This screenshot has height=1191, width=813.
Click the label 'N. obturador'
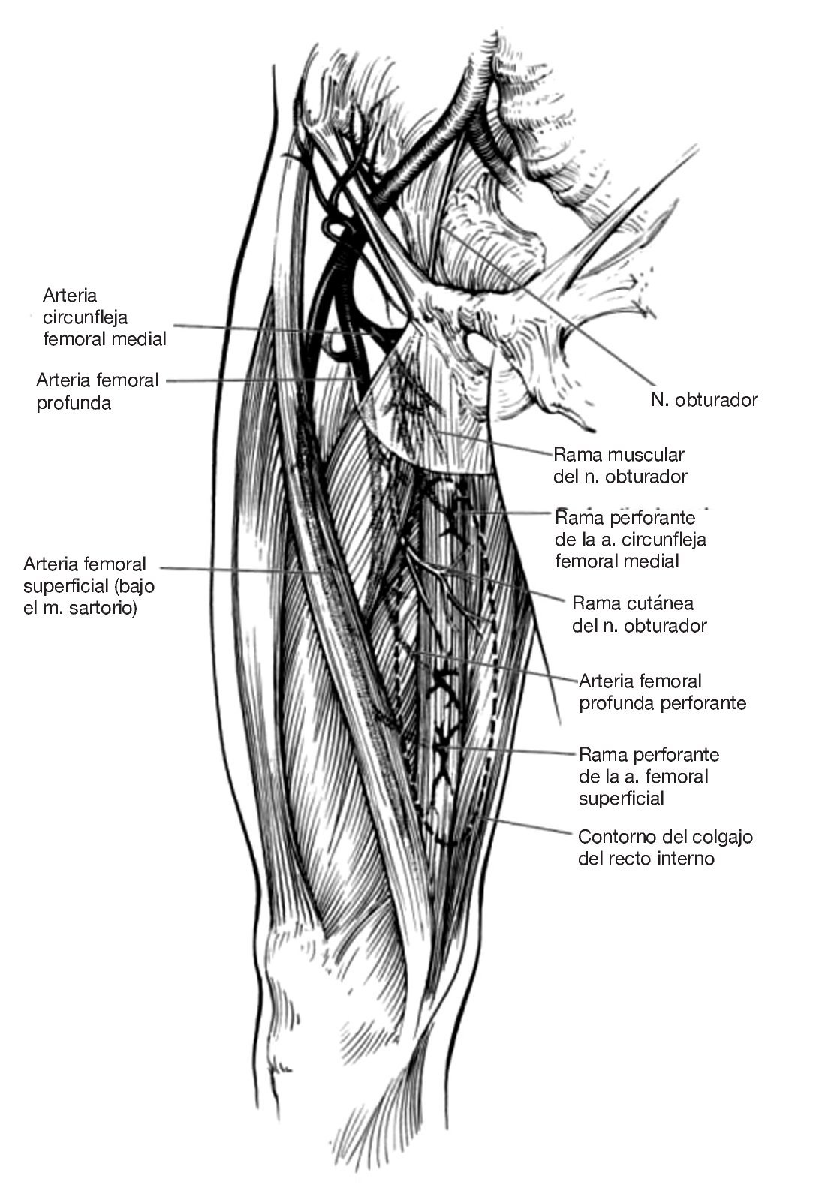pos(704,399)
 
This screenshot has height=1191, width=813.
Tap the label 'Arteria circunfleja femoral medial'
pos(104,317)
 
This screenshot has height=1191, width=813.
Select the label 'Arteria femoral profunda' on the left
pos(98,391)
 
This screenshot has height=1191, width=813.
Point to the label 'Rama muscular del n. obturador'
pos(619,465)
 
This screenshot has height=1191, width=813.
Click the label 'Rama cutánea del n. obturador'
pos(639,614)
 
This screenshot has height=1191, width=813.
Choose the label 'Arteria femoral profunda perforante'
pos(662,692)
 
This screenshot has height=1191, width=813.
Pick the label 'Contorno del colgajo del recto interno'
pos(665,847)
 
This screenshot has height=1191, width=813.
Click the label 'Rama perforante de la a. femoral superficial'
pos(649,776)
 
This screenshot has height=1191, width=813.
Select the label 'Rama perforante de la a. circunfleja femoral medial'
pos(630,539)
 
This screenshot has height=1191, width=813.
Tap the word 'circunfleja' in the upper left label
pos(85,317)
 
